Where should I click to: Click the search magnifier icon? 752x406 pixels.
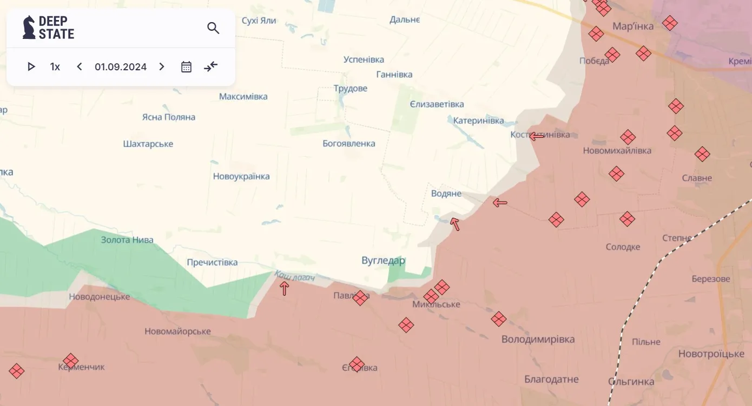213,28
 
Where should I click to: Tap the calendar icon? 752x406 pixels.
186,66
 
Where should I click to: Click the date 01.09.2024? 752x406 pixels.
121,67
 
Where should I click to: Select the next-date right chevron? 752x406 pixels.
161,66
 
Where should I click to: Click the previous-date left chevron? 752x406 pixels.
80,66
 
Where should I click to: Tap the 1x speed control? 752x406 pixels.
55,67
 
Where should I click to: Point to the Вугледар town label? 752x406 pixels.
383,261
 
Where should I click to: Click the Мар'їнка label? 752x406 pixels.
632,26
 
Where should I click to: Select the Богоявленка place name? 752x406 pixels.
348,144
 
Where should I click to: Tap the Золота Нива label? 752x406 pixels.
127,240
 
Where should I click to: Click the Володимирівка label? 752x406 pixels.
538,340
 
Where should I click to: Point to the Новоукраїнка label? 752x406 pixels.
241,176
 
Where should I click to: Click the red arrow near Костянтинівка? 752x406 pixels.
537,136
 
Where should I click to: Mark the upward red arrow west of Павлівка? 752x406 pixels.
284,289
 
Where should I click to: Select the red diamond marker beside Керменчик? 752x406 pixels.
70,361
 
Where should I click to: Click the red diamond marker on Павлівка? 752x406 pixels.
360,298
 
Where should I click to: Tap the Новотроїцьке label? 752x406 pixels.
711,354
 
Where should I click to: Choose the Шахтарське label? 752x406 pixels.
148,144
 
